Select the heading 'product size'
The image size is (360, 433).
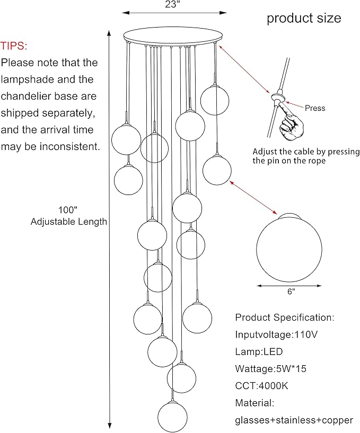click(x=304, y=18)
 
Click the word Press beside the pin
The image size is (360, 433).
click(x=315, y=108)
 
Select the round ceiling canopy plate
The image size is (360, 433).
click(x=172, y=38)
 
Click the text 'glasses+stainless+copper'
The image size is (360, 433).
click(x=294, y=420)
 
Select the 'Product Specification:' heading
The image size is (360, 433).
click(x=285, y=318)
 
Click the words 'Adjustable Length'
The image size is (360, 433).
click(x=69, y=222)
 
